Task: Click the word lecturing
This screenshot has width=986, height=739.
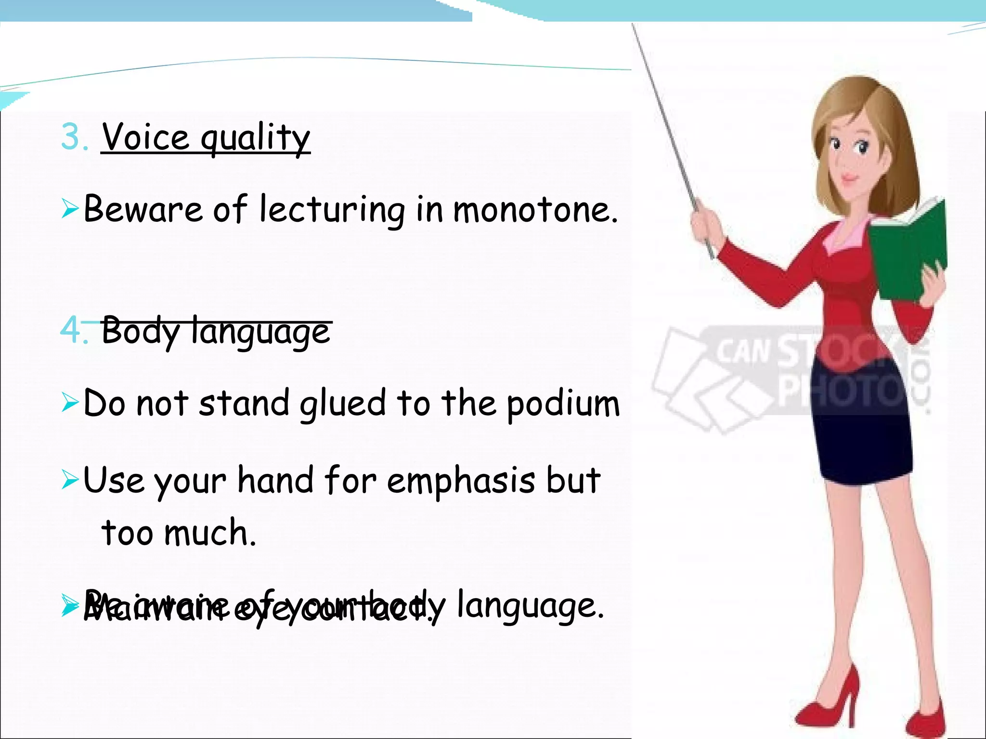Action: (x=332, y=210)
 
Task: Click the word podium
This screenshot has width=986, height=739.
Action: (x=563, y=404)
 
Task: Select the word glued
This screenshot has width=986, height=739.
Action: (x=343, y=404)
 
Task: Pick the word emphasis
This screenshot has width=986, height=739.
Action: (x=461, y=481)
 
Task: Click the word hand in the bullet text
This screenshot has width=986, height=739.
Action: (x=275, y=481)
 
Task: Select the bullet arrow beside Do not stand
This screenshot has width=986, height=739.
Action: (x=70, y=403)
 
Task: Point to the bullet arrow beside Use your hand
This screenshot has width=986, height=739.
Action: (x=70, y=480)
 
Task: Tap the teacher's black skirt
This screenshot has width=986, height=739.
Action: (x=862, y=433)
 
